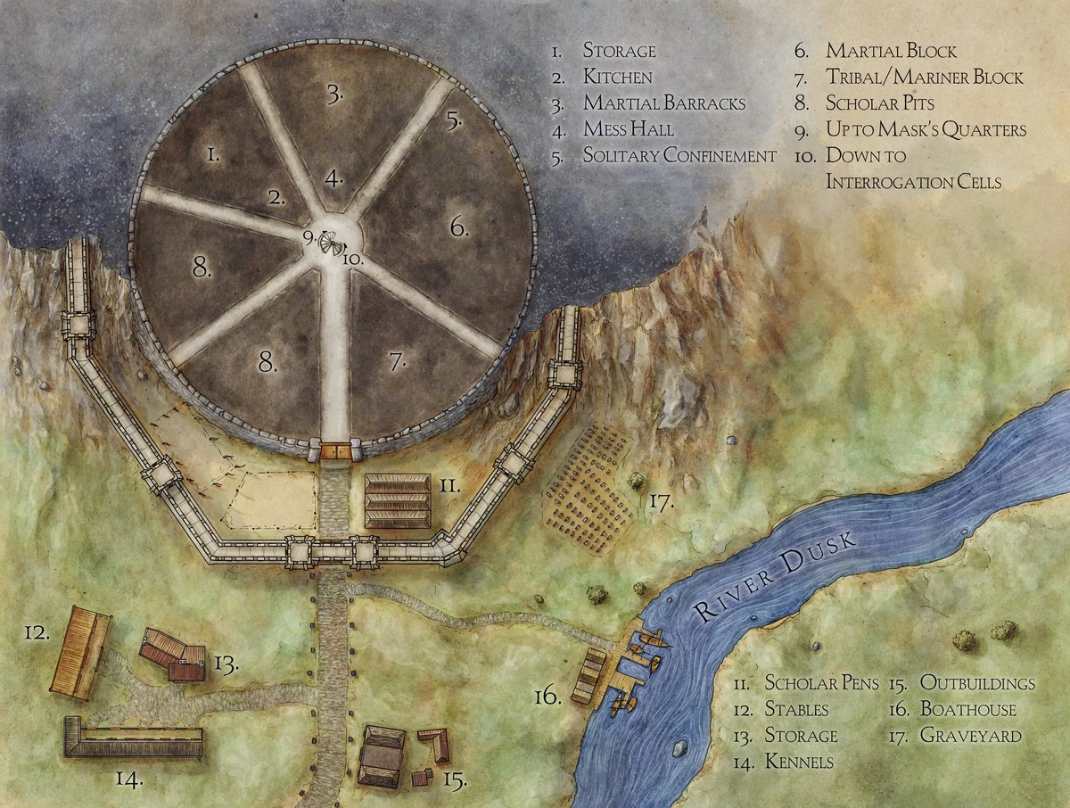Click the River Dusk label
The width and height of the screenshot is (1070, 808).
coord(775,576)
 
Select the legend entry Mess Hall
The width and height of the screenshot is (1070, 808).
coord(628,129)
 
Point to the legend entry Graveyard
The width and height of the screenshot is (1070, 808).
coord(970,737)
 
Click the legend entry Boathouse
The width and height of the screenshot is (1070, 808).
coord(967,710)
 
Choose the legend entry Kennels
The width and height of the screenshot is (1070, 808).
coord(799,763)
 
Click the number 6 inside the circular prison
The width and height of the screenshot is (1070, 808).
coord(458,227)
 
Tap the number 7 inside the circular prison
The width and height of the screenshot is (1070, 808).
coord(398,361)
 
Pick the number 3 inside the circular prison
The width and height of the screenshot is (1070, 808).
coord(334,94)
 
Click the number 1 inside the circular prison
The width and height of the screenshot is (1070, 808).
coord(213,155)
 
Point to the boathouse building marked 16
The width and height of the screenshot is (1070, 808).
coord(589,676)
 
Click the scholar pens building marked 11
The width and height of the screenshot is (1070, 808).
coord(398,501)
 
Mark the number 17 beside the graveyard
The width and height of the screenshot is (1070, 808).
coord(660,501)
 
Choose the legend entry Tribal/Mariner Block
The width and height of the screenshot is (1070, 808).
coord(925,78)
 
